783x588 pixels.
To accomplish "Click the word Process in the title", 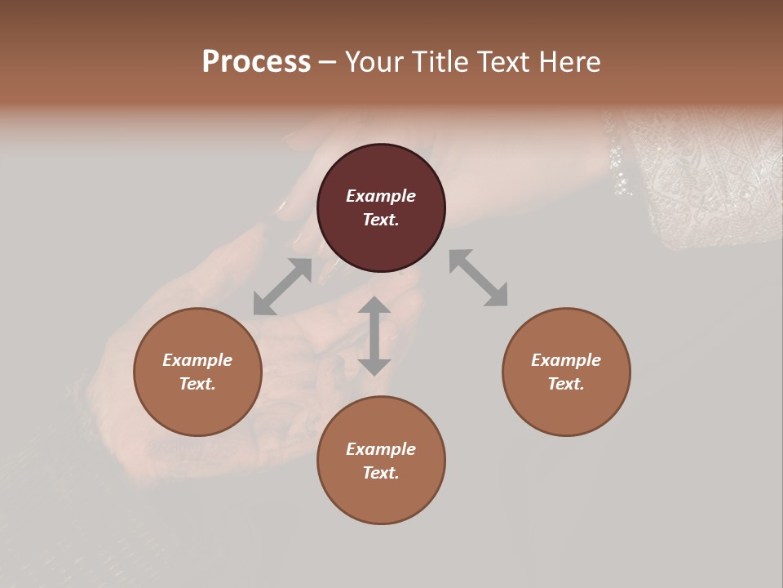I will tap(256, 62).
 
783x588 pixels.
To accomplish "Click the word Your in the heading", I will tap(374, 62).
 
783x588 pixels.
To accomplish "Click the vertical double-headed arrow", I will tap(374, 336).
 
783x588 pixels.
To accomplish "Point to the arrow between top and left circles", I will tap(282, 287).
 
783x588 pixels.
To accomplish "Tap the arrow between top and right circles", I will tap(479, 278).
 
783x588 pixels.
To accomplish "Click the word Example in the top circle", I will tap(381, 196).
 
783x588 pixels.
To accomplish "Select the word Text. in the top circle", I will tap(381, 220).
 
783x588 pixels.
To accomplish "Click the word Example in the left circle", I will tap(197, 360).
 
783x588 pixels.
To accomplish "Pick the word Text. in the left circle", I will tap(197, 384).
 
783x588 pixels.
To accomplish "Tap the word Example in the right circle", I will tap(566, 360).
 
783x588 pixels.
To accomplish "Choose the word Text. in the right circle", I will tap(566, 384).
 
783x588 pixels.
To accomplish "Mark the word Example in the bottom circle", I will tap(381, 449).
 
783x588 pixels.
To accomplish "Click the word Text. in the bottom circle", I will tap(381, 473).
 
